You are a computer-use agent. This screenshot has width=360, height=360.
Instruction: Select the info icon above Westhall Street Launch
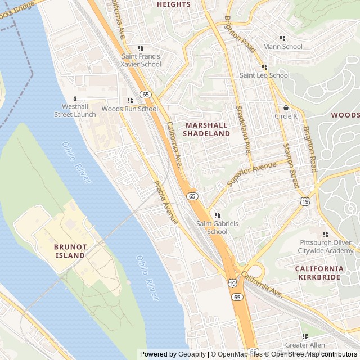(x=75, y=98)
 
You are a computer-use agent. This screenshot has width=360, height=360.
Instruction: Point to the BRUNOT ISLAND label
(x=70, y=251)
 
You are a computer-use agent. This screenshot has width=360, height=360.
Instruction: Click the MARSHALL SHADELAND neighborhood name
(x=206, y=129)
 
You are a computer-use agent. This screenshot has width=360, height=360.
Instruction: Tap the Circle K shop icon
(x=286, y=107)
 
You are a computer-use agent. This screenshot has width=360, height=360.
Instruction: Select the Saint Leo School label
(x=264, y=75)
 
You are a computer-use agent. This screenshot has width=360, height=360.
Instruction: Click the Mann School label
(x=282, y=47)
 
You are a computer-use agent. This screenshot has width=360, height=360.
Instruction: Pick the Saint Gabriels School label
(x=217, y=227)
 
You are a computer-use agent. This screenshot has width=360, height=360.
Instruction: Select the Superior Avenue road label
(x=251, y=174)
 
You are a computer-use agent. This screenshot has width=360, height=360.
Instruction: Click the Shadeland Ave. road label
(x=243, y=130)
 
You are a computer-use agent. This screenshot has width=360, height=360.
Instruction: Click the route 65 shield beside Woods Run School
(x=146, y=94)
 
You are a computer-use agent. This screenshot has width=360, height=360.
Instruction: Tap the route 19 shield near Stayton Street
(x=304, y=201)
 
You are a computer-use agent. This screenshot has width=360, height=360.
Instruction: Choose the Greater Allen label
(x=304, y=345)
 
